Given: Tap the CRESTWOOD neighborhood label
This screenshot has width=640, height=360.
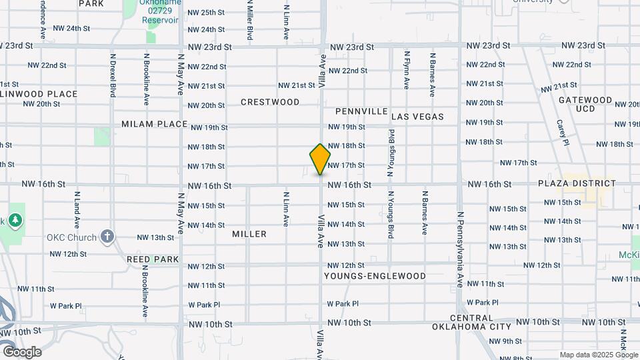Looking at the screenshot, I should click(x=270, y=102).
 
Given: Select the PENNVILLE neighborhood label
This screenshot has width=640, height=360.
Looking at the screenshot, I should click(x=361, y=111).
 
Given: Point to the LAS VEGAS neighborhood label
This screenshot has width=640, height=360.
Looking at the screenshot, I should click(x=417, y=117).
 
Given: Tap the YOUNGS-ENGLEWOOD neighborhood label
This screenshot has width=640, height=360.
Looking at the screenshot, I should click(x=375, y=275).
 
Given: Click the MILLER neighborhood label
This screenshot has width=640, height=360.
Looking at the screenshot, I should click(x=249, y=234).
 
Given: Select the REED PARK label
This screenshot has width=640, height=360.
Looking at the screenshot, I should click(x=153, y=259).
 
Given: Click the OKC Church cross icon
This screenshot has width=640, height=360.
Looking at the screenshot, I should click(x=107, y=237).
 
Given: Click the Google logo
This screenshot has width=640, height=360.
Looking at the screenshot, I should click(x=21, y=352).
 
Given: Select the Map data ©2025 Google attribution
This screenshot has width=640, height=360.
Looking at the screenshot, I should click(x=599, y=355).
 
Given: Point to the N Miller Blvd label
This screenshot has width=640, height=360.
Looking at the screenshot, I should click(x=250, y=20).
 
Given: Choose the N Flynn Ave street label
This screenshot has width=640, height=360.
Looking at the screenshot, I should click(x=406, y=70).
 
